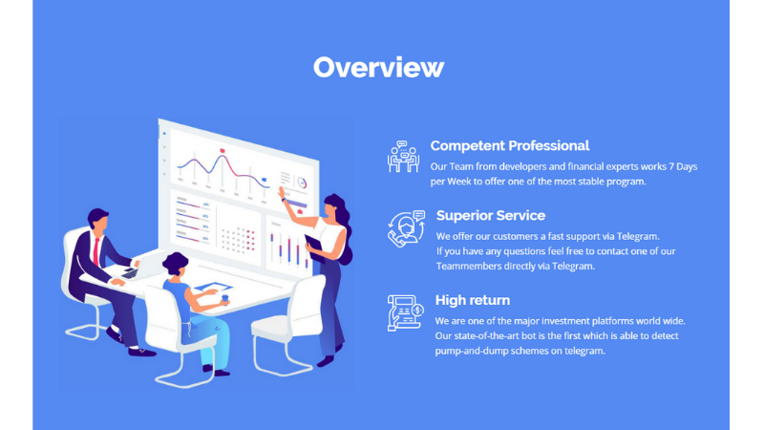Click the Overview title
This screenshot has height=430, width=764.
(378, 67)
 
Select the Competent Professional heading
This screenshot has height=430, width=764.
(510, 146)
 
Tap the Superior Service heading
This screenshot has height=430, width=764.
(491, 216)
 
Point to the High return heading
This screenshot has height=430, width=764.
(473, 300)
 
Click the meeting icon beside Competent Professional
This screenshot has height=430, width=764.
(403, 157)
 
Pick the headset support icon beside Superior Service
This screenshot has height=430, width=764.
(407, 228)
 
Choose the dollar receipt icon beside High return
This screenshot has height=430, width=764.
(405, 313)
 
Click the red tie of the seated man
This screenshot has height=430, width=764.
(96, 251)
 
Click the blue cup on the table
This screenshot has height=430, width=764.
(224, 298)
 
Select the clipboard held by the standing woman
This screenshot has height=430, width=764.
(315, 248)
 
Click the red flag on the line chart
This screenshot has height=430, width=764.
(223, 151)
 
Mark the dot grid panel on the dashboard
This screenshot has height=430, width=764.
(238, 240)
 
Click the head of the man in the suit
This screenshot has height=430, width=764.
(98, 221)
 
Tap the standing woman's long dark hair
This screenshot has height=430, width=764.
(343, 226)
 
